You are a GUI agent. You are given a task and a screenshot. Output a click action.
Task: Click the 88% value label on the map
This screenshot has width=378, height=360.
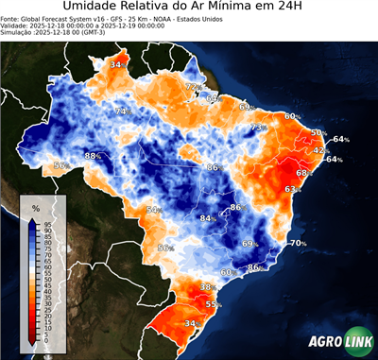pyautogui.click(x=93, y=155)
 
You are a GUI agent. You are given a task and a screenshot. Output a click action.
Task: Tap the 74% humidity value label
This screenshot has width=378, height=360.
pyautogui.click(x=121, y=111)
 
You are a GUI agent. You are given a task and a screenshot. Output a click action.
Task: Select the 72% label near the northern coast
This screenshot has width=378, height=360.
pyautogui.click(x=193, y=87)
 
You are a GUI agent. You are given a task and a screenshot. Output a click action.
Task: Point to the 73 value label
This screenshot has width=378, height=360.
pyautogui.click(x=257, y=127)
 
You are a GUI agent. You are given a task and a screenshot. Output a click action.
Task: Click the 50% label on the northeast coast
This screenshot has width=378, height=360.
pyautogui.click(x=318, y=133)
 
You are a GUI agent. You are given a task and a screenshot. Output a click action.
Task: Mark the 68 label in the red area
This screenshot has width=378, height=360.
pyautogui.click(x=302, y=173)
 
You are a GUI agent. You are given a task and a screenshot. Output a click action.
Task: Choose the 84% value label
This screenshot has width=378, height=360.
pyautogui.click(x=206, y=218)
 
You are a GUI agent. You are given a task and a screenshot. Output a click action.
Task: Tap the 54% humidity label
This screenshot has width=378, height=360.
pyautogui.click(x=153, y=210)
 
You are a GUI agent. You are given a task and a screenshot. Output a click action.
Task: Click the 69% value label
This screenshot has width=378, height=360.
pyautogui.click(x=250, y=244)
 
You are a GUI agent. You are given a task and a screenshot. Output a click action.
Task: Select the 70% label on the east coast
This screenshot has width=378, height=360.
pyautogui.click(x=298, y=243)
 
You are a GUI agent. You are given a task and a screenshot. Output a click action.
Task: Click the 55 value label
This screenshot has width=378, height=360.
pyautogui.click(x=214, y=304)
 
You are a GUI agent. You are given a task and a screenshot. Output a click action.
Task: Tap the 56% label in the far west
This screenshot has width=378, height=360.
pyautogui.click(x=61, y=165)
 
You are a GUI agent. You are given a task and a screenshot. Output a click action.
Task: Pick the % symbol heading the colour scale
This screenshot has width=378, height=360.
pyautogui.click(x=35, y=207)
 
